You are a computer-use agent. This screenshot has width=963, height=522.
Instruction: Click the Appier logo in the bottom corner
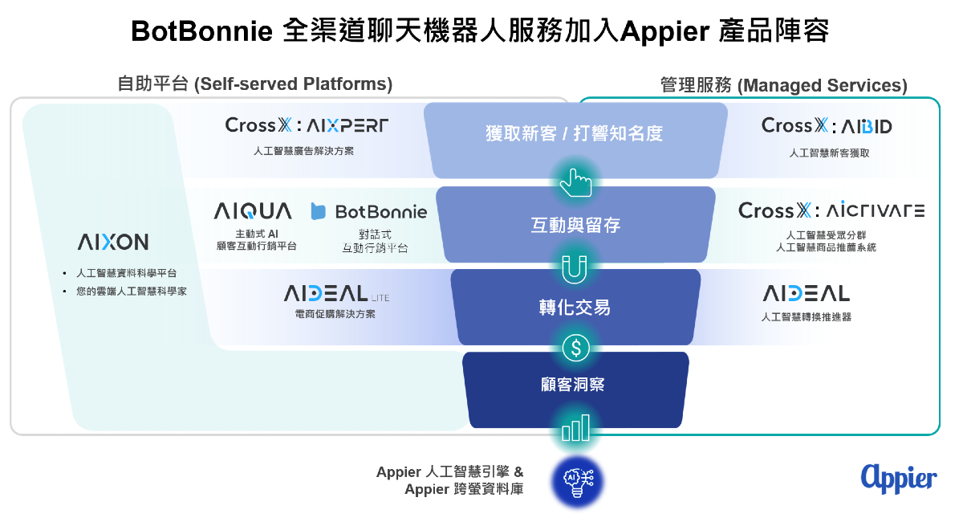click(x=899, y=479)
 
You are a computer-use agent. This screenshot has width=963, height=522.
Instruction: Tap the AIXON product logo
click(x=113, y=242)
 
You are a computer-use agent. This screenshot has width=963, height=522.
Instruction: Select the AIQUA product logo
click(x=253, y=211)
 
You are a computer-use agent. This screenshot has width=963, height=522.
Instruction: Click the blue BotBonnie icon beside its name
click(x=318, y=211)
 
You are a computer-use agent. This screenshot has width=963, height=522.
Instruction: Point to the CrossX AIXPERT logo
click(x=307, y=125)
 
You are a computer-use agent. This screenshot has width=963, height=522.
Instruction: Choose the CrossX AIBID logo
click(x=827, y=125)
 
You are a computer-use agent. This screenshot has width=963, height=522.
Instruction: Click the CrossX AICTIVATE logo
click(x=831, y=210)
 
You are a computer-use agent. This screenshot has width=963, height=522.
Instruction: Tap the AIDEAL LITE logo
click(x=336, y=293)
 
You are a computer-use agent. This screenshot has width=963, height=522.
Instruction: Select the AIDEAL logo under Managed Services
click(x=807, y=293)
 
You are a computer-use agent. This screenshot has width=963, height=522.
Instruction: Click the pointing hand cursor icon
click(x=575, y=183)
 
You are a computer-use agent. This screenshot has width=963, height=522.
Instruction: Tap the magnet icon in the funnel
click(x=575, y=269)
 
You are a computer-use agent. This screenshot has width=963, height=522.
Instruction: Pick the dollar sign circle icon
click(x=575, y=348)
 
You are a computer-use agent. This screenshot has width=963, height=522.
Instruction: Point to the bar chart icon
click(x=575, y=428)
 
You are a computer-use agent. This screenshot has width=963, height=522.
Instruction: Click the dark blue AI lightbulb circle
click(x=577, y=482)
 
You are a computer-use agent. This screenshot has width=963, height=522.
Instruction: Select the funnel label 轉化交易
click(x=575, y=308)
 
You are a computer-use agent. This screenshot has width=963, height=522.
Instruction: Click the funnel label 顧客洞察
click(x=573, y=385)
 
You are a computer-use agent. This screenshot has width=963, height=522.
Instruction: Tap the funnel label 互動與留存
click(x=575, y=225)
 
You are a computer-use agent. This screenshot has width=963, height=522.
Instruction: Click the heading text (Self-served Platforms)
click(x=293, y=84)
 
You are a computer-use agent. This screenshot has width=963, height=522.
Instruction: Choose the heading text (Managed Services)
click(x=822, y=85)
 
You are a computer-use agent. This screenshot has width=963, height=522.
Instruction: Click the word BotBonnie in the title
click(x=201, y=31)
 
